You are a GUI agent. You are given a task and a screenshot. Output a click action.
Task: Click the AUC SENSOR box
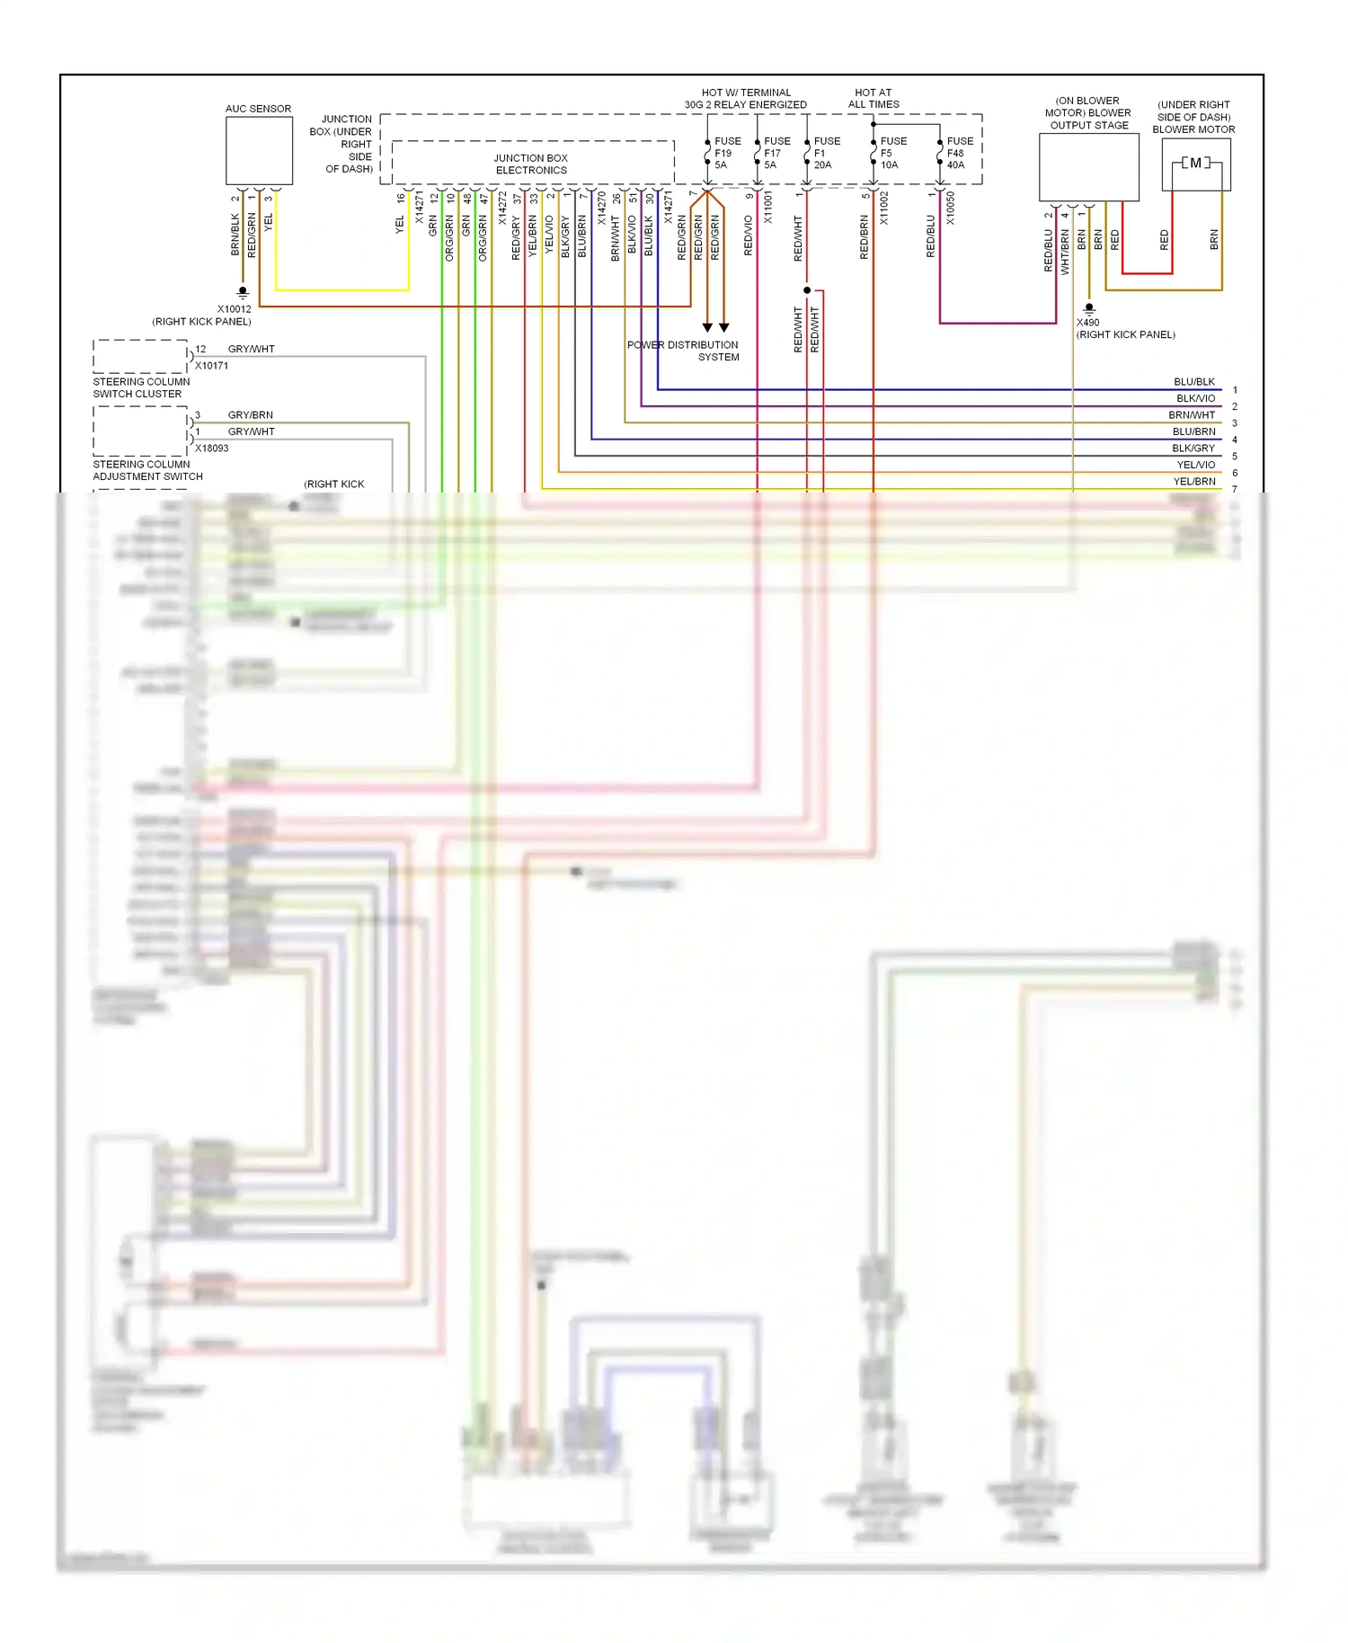(259, 151)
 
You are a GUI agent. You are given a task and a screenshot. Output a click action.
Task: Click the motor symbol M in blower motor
(1195, 163)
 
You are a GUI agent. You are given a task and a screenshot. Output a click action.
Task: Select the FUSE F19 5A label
(727, 153)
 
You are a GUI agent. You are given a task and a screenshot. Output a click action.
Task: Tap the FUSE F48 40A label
(959, 153)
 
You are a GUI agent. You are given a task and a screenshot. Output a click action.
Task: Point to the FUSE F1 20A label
(826, 153)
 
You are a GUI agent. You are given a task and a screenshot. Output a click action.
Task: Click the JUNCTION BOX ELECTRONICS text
(531, 164)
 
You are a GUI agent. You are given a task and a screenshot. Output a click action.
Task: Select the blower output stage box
(1088, 167)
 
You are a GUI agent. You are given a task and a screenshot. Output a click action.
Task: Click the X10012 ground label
(234, 309)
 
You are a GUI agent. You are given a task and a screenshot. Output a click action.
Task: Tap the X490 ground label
(1087, 322)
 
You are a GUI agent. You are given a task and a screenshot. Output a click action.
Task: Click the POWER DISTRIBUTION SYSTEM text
(683, 351)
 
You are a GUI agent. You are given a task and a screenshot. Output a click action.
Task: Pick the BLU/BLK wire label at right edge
(1193, 382)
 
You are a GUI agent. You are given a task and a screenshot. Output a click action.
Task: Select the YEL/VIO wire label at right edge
(1195, 465)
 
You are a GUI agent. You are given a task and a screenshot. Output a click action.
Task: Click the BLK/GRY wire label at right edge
(1193, 448)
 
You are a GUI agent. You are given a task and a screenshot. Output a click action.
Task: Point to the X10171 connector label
(211, 366)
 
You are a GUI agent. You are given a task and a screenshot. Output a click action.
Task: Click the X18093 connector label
(211, 448)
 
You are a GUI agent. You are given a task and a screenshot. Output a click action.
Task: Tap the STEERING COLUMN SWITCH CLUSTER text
(141, 387)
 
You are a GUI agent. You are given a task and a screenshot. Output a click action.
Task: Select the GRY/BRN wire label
(250, 415)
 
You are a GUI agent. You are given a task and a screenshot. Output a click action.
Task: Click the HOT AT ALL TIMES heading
(873, 98)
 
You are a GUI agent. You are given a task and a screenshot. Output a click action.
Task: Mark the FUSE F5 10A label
(892, 153)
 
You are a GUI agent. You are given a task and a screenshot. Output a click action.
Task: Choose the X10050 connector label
(950, 209)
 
